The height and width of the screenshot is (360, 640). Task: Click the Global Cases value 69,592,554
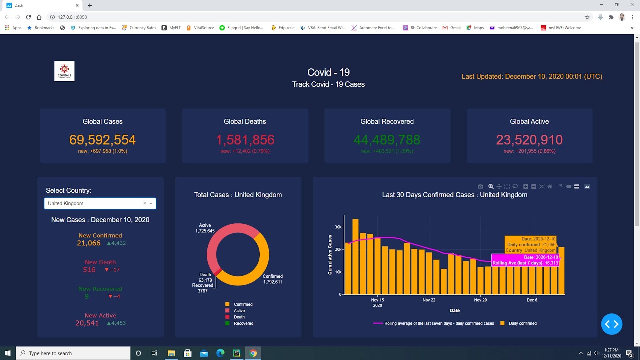point(102,140)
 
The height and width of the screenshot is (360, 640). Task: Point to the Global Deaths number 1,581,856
point(245,140)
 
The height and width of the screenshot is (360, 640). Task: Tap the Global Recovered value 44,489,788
point(387,140)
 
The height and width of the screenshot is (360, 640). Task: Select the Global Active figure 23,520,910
point(529,140)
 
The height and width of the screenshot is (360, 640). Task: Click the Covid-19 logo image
point(64,71)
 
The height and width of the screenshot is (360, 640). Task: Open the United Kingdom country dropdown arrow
point(151,203)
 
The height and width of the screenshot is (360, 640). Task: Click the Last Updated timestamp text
point(532,76)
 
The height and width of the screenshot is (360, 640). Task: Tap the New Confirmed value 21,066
point(89,243)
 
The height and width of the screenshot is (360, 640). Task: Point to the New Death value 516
point(89,270)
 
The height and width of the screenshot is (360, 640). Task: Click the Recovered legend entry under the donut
point(243,323)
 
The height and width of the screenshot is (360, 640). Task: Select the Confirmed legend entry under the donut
point(243,304)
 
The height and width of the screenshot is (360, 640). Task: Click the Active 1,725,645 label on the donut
point(205,228)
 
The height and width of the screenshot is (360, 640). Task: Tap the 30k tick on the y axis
point(338,227)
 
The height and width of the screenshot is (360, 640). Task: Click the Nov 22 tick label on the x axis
point(429,300)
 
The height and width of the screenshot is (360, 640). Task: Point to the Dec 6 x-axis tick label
point(532,300)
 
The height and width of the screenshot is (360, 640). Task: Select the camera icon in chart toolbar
point(480,187)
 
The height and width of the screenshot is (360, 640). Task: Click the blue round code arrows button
point(612,324)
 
